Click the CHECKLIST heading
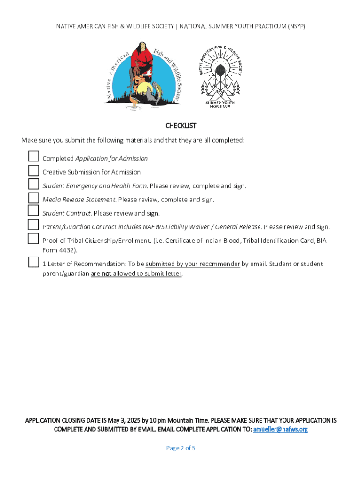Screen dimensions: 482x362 [181, 126]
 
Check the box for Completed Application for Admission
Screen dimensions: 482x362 [33, 156]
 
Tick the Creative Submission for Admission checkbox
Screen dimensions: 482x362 [33, 170]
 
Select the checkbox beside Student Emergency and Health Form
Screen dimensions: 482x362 [33, 184]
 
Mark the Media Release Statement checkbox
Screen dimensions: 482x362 [33, 197]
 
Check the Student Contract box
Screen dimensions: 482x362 [33, 210]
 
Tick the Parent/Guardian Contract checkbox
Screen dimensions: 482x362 [33, 225]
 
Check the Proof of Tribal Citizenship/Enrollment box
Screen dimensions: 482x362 [33, 239]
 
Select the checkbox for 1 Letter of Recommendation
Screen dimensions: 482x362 [33, 262]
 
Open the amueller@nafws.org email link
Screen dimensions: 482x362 [280, 429]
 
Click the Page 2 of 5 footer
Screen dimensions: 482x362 [181, 448]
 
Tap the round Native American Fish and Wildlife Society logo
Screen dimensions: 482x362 [142, 74]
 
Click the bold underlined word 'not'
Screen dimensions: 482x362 [107, 273]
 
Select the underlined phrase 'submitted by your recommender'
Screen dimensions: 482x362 [193, 264]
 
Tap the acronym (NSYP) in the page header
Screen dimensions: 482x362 [294, 26]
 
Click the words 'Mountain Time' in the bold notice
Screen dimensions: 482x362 [189, 420]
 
